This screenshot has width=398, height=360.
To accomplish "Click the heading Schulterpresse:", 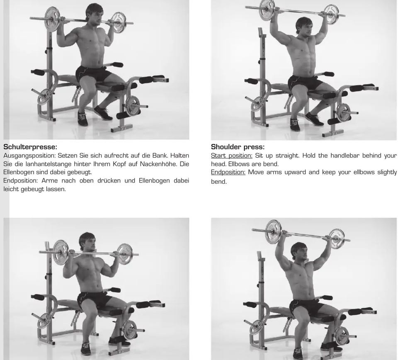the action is click(30, 147).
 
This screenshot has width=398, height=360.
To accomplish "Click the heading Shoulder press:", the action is click(238, 147).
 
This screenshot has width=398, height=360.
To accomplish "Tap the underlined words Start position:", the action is click(231, 156).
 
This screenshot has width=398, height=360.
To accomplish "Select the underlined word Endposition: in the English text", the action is click(228, 172).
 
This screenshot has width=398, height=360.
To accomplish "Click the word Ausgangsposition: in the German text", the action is click(29, 156).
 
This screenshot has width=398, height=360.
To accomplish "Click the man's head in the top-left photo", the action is click(95, 14).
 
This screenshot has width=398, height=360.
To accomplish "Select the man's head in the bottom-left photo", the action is click(87, 242).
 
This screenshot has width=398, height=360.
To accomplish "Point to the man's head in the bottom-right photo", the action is click(299, 252).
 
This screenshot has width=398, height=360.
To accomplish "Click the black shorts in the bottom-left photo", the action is click(94, 299).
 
